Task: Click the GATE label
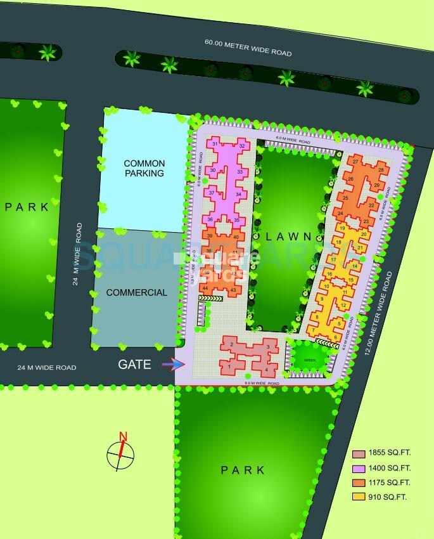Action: (x=134, y=365)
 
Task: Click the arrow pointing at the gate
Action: (x=174, y=364)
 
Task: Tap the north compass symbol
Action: (x=120, y=451)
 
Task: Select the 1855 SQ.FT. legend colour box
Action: (x=359, y=454)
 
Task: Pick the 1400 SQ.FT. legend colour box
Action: (x=359, y=468)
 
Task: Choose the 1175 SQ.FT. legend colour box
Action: (x=359, y=483)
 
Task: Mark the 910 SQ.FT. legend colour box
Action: (x=359, y=497)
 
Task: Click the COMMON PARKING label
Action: (x=144, y=168)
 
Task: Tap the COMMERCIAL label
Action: (x=137, y=292)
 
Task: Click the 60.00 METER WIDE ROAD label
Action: (x=248, y=48)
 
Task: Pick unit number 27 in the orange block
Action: (x=356, y=162)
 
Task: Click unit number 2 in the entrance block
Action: (x=233, y=344)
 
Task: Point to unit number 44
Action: (x=205, y=288)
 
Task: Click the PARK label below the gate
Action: (x=243, y=470)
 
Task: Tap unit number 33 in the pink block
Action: (x=240, y=172)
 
